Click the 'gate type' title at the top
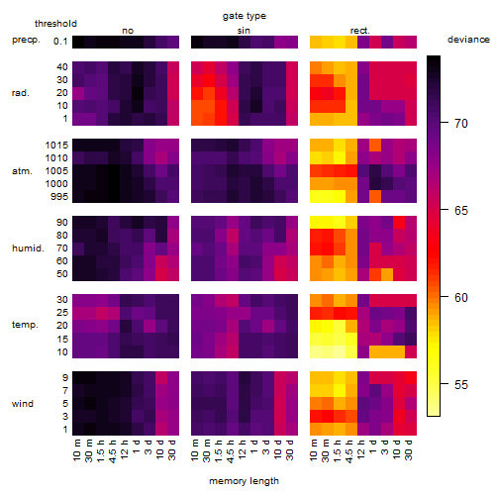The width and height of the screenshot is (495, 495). pos(245,16)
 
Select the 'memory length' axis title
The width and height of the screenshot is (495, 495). pos(244,481)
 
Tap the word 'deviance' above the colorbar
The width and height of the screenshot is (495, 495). pos(468,40)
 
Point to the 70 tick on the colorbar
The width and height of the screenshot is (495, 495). pos(445,123)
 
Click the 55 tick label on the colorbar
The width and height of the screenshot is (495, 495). pos(461,385)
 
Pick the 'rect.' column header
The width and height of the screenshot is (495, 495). pos(359,31)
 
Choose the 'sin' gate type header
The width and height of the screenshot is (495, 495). pos(244,31)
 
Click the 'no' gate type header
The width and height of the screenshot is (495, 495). pos(128,31)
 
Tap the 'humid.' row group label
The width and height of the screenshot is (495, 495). pos(28,248)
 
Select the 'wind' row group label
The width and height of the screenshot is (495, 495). pos(23,404)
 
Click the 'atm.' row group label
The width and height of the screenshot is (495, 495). pos(22,171)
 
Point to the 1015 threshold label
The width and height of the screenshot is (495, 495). pos(56,146)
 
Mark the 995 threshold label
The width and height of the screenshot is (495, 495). pos(59,197)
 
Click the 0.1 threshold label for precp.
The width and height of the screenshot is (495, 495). pos(60,42)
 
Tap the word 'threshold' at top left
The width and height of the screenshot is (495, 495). pos(55,24)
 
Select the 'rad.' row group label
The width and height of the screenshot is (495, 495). pos(21,93)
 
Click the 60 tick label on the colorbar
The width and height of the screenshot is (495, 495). pos(461,298)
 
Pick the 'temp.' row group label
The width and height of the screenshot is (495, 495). pos(25,325)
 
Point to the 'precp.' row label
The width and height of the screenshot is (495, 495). pos(26,40)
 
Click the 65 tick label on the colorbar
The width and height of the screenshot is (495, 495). pos(461,210)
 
